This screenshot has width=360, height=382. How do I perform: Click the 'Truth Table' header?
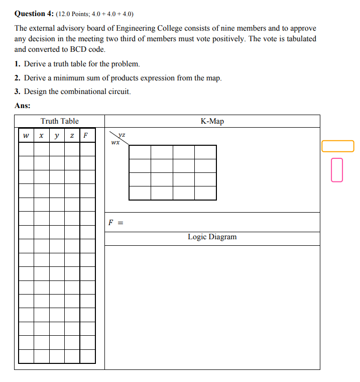(x=59, y=121)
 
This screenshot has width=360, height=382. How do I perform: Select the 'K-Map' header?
(x=212, y=121)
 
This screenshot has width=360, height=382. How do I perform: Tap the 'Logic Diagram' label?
(x=212, y=237)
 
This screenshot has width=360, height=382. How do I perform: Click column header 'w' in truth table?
(x=26, y=135)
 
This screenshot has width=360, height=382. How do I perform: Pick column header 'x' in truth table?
(x=41, y=135)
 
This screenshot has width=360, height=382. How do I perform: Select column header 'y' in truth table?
(x=57, y=135)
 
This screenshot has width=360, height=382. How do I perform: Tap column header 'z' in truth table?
(x=72, y=135)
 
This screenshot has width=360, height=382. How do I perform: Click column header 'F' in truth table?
(x=86, y=135)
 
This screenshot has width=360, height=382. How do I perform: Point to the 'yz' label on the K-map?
(x=122, y=135)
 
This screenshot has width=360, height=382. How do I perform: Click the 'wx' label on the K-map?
(x=115, y=142)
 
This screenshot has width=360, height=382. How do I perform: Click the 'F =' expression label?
(x=115, y=222)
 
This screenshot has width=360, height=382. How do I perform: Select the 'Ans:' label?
(x=22, y=106)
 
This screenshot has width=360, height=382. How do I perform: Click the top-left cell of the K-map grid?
(x=140, y=152)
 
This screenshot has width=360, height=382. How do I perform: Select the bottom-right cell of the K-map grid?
(x=205, y=193)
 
